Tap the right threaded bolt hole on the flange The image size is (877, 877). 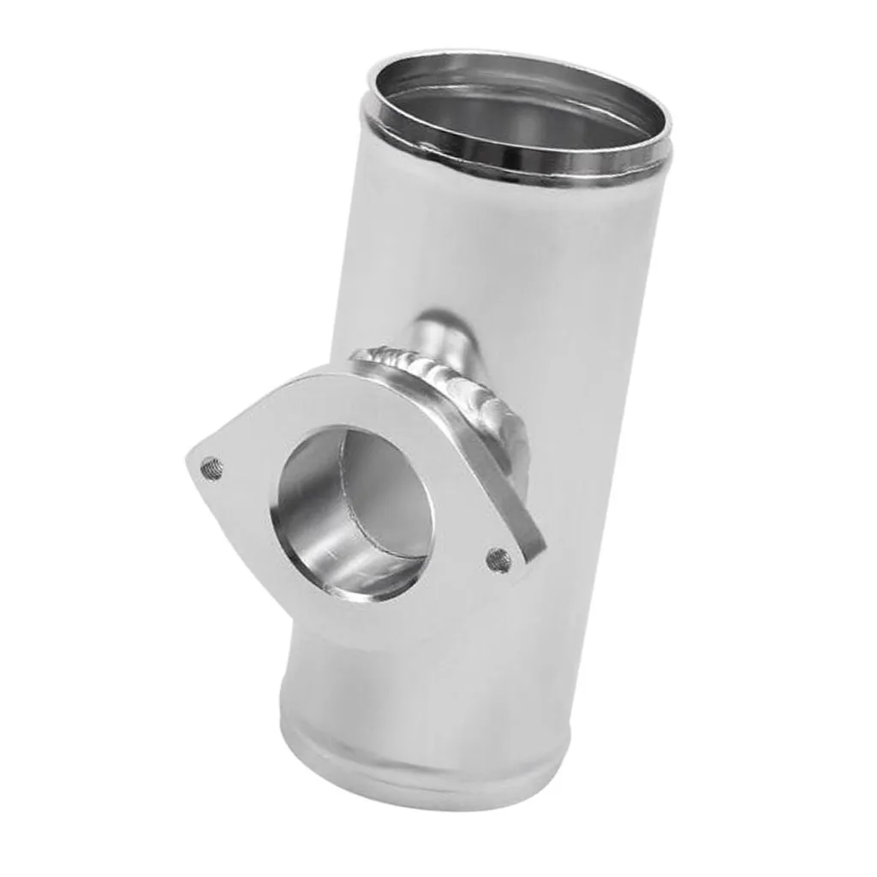coord(498,560)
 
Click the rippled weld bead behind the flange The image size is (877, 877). coord(445,377)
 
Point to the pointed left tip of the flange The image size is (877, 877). coord(190,462)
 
